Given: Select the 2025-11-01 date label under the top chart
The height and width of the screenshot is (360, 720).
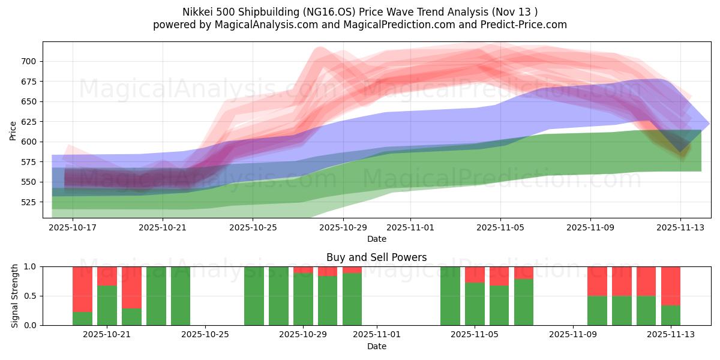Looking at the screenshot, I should [x=410, y=228].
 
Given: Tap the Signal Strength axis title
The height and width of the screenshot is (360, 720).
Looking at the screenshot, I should [x=15, y=296].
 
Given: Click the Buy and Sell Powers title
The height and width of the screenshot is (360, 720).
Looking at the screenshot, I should [x=376, y=257].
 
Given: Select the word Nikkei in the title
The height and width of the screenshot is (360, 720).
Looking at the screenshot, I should [x=197, y=12].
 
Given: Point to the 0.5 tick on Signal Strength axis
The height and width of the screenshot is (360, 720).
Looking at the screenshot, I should [x=30, y=296].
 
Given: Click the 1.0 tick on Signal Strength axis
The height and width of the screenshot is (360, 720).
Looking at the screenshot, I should [x=30, y=266].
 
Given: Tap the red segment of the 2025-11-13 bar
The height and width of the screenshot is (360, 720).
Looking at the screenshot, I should [x=670, y=286].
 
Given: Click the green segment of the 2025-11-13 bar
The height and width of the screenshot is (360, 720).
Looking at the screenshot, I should [x=670, y=315].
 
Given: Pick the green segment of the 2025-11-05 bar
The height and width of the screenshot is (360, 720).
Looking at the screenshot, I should [x=475, y=304].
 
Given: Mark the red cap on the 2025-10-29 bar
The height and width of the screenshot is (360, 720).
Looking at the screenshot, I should [x=303, y=270].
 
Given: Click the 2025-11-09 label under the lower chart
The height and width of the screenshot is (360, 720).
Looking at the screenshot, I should [x=573, y=334].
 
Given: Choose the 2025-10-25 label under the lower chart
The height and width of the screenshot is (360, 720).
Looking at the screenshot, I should [x=205, y=334].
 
